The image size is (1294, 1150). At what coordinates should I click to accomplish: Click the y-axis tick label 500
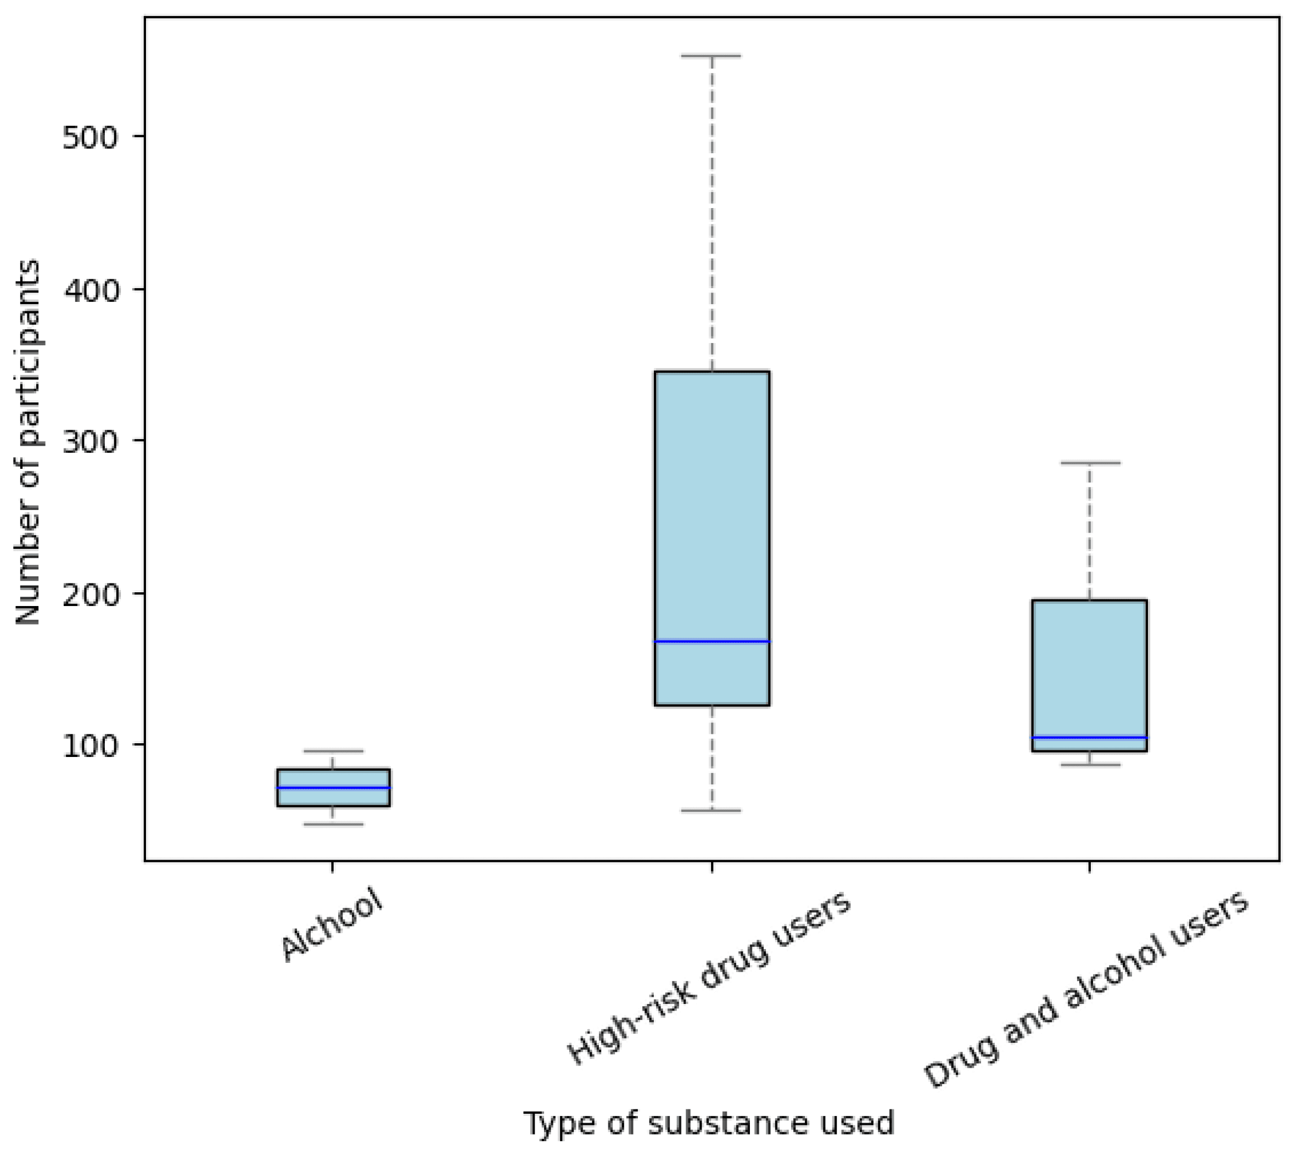pos(91,137)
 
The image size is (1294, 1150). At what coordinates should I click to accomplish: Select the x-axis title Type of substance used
pos(709,1123)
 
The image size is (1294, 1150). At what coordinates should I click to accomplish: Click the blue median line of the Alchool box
pos(334,787)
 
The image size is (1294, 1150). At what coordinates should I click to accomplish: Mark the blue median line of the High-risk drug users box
pos(712,641)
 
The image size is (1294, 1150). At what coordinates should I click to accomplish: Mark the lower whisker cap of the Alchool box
pos(334,824)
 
